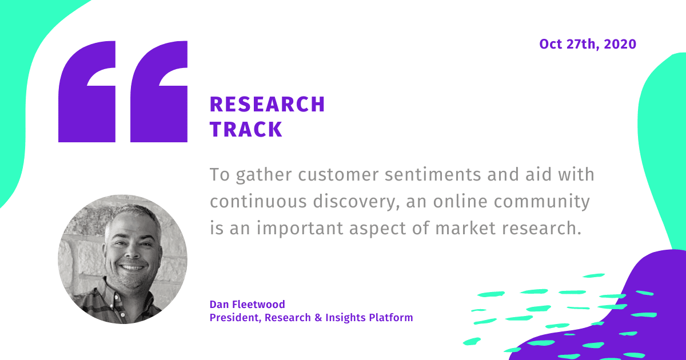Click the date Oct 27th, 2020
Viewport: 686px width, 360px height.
pos(588,45)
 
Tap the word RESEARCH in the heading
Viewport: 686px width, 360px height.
pos(268,105)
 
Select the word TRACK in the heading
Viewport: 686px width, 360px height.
pos(246,129)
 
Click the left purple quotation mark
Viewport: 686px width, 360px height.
pos(87,91)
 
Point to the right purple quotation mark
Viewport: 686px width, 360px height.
pos(159,91)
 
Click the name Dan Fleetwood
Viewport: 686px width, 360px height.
pos(247,304)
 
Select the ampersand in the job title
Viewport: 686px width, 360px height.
pos(318,318)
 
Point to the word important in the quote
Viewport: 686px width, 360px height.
pos(300,229)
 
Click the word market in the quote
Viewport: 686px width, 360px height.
pos(465,229)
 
